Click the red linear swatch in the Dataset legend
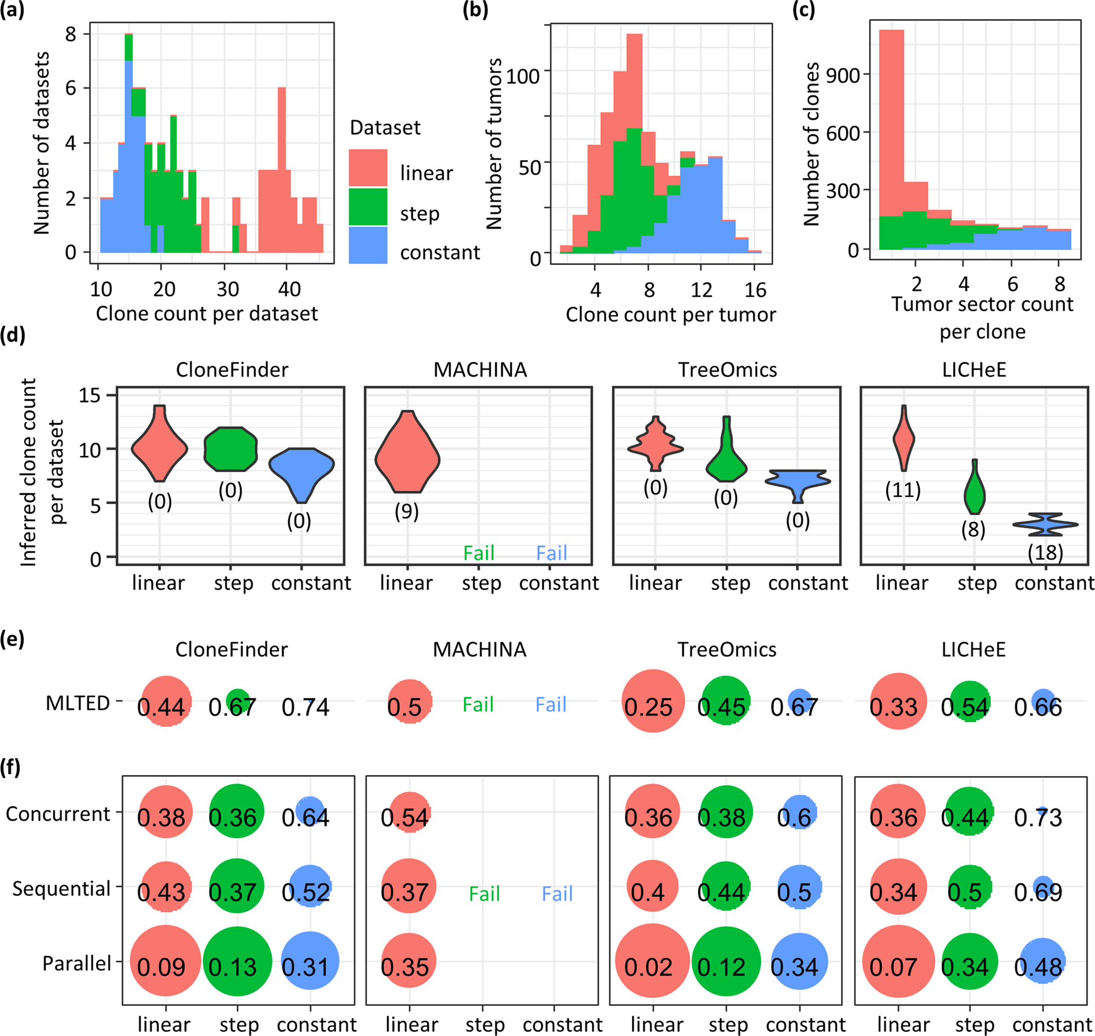(368, 168)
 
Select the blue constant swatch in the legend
(368, 245)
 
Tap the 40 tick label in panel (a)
(289, 289)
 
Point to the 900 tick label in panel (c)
(843, 75)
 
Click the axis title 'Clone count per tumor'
(670, 315)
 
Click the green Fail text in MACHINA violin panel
(479, 553)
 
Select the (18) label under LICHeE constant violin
(1045, 552)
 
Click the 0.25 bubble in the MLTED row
(653, 701)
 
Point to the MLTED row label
(78, 703)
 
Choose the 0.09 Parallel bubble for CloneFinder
(166, 961)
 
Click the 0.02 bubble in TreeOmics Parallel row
(652, 961)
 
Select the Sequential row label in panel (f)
(61, 888)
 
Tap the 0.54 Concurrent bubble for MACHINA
(409, 813)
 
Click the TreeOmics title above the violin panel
(727, 369)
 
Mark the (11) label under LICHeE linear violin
(902, 490)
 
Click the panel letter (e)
(13, 639)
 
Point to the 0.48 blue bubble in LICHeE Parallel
(1042, 962)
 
